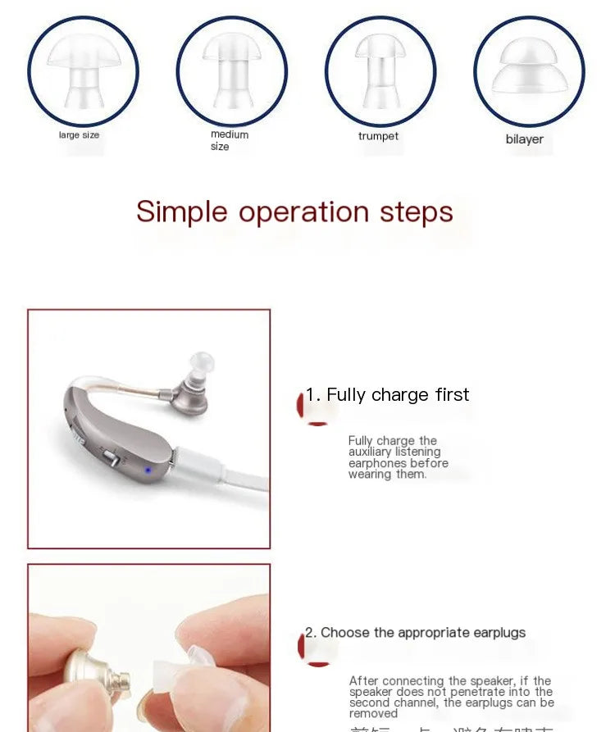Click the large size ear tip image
click(x=83, y=71)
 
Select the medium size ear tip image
click(x=232, y=71)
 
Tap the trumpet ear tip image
click(x=380, y=71)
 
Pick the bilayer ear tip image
click(x=529, y=71)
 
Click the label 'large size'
click(x=79, y=135)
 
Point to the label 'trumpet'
click(x=378, y=136)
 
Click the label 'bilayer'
click(x=524, y=139)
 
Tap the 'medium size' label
click(x=229, y=140)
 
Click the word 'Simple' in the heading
click(x=181, y=211)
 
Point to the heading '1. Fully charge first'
click(x=387, y=395)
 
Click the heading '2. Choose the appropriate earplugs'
click(x=415, y=633)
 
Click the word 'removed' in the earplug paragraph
click(x=373, y=713)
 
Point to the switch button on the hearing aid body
click(x=109, y=455)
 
